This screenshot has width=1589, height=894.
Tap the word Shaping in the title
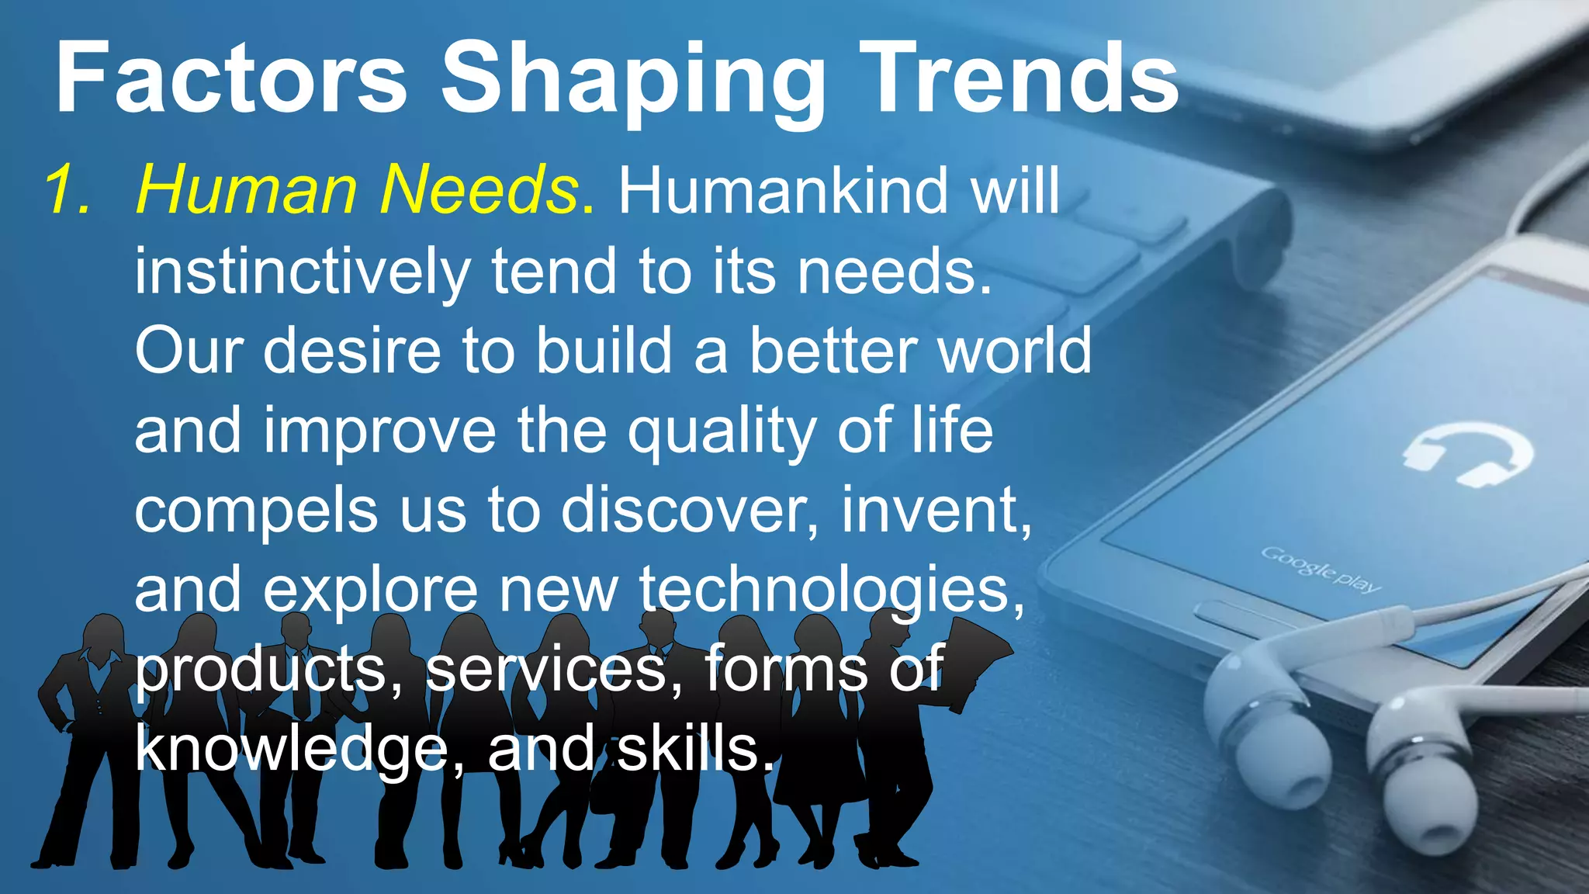633,81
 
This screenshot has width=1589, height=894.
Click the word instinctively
303,272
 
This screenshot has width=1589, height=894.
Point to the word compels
256,512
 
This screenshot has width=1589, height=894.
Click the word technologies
830,591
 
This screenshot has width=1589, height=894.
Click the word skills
694,749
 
